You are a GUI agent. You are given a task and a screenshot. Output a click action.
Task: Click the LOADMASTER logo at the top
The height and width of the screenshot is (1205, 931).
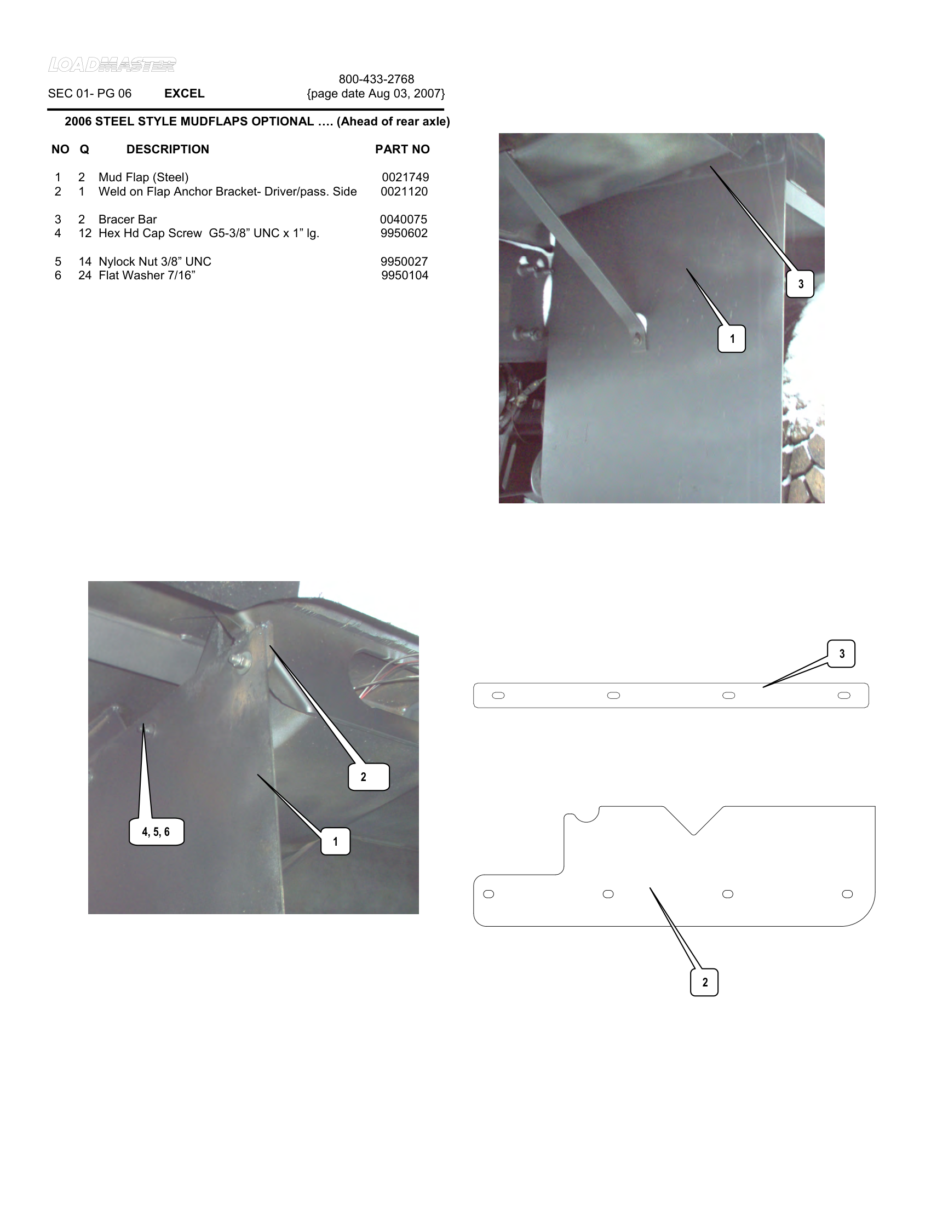112,65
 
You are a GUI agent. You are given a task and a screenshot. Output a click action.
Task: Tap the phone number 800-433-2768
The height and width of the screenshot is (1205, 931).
376,79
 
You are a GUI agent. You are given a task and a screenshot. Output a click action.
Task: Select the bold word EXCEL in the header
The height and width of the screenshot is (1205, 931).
184,94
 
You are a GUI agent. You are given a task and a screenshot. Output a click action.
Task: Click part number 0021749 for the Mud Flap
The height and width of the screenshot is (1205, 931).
405,177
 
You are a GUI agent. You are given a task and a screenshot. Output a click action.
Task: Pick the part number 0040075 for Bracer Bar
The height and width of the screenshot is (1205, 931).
403,219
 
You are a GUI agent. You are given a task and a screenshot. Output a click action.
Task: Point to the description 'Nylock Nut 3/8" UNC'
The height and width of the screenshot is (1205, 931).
154,261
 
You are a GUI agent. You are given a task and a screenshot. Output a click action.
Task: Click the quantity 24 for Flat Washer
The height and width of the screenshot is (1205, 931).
84,276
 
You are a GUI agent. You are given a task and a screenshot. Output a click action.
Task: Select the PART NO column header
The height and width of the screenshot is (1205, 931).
402,150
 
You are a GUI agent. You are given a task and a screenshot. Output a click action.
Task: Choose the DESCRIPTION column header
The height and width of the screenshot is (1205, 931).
168,150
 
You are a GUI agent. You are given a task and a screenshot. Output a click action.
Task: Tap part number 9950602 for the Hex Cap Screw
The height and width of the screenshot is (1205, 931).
404,233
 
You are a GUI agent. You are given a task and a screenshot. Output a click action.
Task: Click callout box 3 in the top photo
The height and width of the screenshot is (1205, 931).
800,284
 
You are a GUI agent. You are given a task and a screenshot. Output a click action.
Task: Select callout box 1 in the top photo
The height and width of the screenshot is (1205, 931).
731,338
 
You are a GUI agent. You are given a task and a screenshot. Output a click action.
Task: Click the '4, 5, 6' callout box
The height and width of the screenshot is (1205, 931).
156,832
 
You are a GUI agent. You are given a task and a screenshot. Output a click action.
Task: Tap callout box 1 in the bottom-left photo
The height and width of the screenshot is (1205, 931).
335,841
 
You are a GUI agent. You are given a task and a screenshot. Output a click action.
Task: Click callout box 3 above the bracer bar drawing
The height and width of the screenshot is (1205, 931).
841,654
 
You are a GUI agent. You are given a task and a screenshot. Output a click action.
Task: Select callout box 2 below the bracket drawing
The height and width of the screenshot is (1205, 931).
704,982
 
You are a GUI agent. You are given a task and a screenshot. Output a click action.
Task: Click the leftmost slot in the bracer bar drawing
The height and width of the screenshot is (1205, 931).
498,695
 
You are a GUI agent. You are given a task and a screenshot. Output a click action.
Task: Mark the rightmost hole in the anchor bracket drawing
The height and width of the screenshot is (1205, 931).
847,894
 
